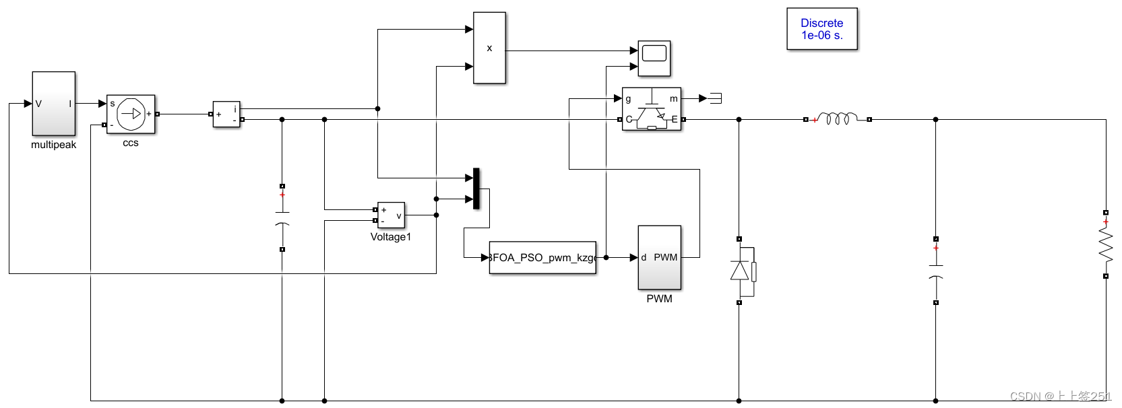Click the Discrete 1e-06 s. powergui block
pyautogui.click(x=821, y=29)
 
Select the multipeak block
pyautogui.click(x=54, y=104)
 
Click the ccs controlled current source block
pyautogui.click(x=131, y=114)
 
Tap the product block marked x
pyautogui.click(x=489, y=48)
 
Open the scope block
pyautogui.click(x=654, y=58)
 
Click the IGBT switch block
pyautogui.click(x=651, y=109)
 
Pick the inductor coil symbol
pyautogui.click(x=838, y=118)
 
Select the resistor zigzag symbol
pyautogui.click(x=1105, y=244)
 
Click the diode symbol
pyautogui.click(x=741, y=271)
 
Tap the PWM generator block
pyautogui.click(x=659, y=257)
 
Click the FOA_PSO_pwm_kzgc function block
pyautogui.click(x=542, y=258)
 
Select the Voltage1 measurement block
pyautogui.click(x=391, y=215)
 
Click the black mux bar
pyautogui.click(x=476, y=189)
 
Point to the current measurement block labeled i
pyautogui.click(x=226, y=114)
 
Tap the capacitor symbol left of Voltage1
pyautogui.click(x=282, y=217)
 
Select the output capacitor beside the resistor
pyautogui.click(x=935, y=271)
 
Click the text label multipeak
pyautogui.click(x=54, y=145)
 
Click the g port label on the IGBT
pyautogui.click(x=628, y=99)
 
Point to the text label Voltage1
pyautogui.click(x=391, y=237)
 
